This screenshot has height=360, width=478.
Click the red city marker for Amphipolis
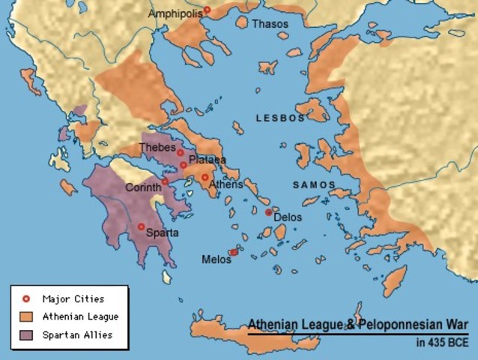coord(208,10)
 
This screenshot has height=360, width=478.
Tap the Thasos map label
coord(269,24)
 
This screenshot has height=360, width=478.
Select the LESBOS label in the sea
coord(280,118)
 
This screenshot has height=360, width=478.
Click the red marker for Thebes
coord(181,153)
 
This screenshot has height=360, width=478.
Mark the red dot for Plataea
coord(183,165)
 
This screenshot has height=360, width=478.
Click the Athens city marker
coord(205,178)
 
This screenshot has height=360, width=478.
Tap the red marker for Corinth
coord(165,181)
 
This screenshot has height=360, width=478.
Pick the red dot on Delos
coord(268,212)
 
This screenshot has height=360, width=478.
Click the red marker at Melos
coord(233,253)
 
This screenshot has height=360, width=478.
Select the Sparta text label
coord(162,232)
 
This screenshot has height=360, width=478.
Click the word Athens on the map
coord(226,184)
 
